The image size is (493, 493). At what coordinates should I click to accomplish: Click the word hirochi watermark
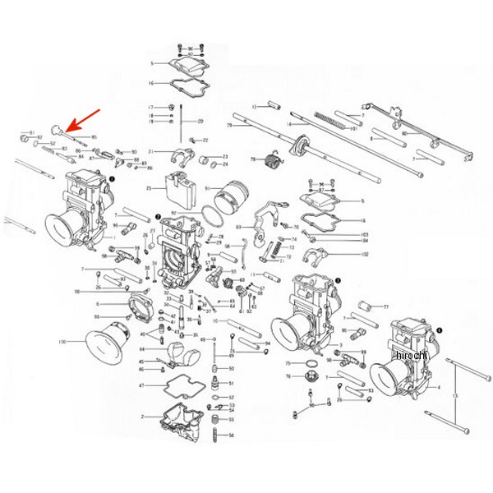(x=411, y=355)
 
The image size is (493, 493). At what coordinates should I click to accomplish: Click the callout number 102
(x=364, y=255)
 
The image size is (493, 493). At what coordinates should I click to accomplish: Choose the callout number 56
(x=232, y=435)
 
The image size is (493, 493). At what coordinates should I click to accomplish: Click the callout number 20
(x=200, y=122)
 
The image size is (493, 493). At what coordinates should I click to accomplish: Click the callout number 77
(x=385, y=306)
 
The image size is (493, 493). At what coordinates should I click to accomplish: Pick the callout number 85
(x=94, y=137)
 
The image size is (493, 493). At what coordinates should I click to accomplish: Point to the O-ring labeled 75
(x=311, y=362)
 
